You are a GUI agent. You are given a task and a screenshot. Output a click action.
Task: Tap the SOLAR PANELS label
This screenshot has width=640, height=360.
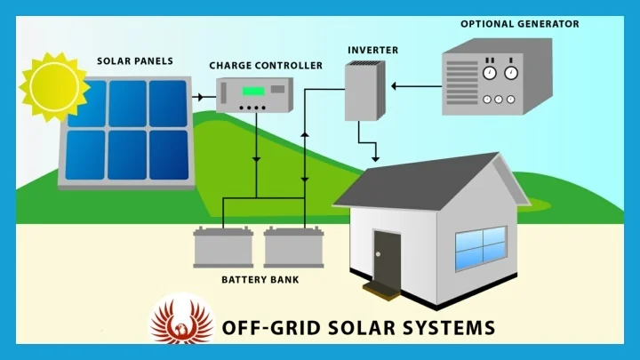135,61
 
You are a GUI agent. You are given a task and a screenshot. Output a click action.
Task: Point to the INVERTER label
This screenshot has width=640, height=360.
372,50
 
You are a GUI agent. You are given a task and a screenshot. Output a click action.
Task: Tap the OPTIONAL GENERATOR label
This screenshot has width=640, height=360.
519,23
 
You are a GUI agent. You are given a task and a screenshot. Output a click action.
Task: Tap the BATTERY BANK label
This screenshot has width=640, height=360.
260,280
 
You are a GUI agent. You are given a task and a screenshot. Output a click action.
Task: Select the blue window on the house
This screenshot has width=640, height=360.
480,248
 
